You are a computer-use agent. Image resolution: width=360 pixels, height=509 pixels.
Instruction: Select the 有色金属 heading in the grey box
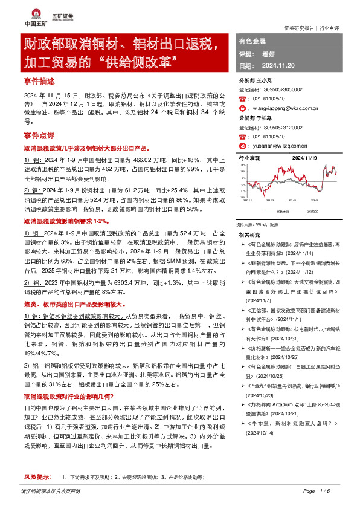[x=252, y=41]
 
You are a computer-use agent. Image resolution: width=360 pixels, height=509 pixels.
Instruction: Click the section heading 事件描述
[x=39, y=80]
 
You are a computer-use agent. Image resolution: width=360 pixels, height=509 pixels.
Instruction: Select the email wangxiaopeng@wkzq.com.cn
[x=286, y=108]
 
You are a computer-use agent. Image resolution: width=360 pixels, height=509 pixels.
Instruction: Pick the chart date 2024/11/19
[x=304, y=157]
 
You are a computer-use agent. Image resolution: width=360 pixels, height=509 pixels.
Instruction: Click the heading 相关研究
[x=249, y=234]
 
